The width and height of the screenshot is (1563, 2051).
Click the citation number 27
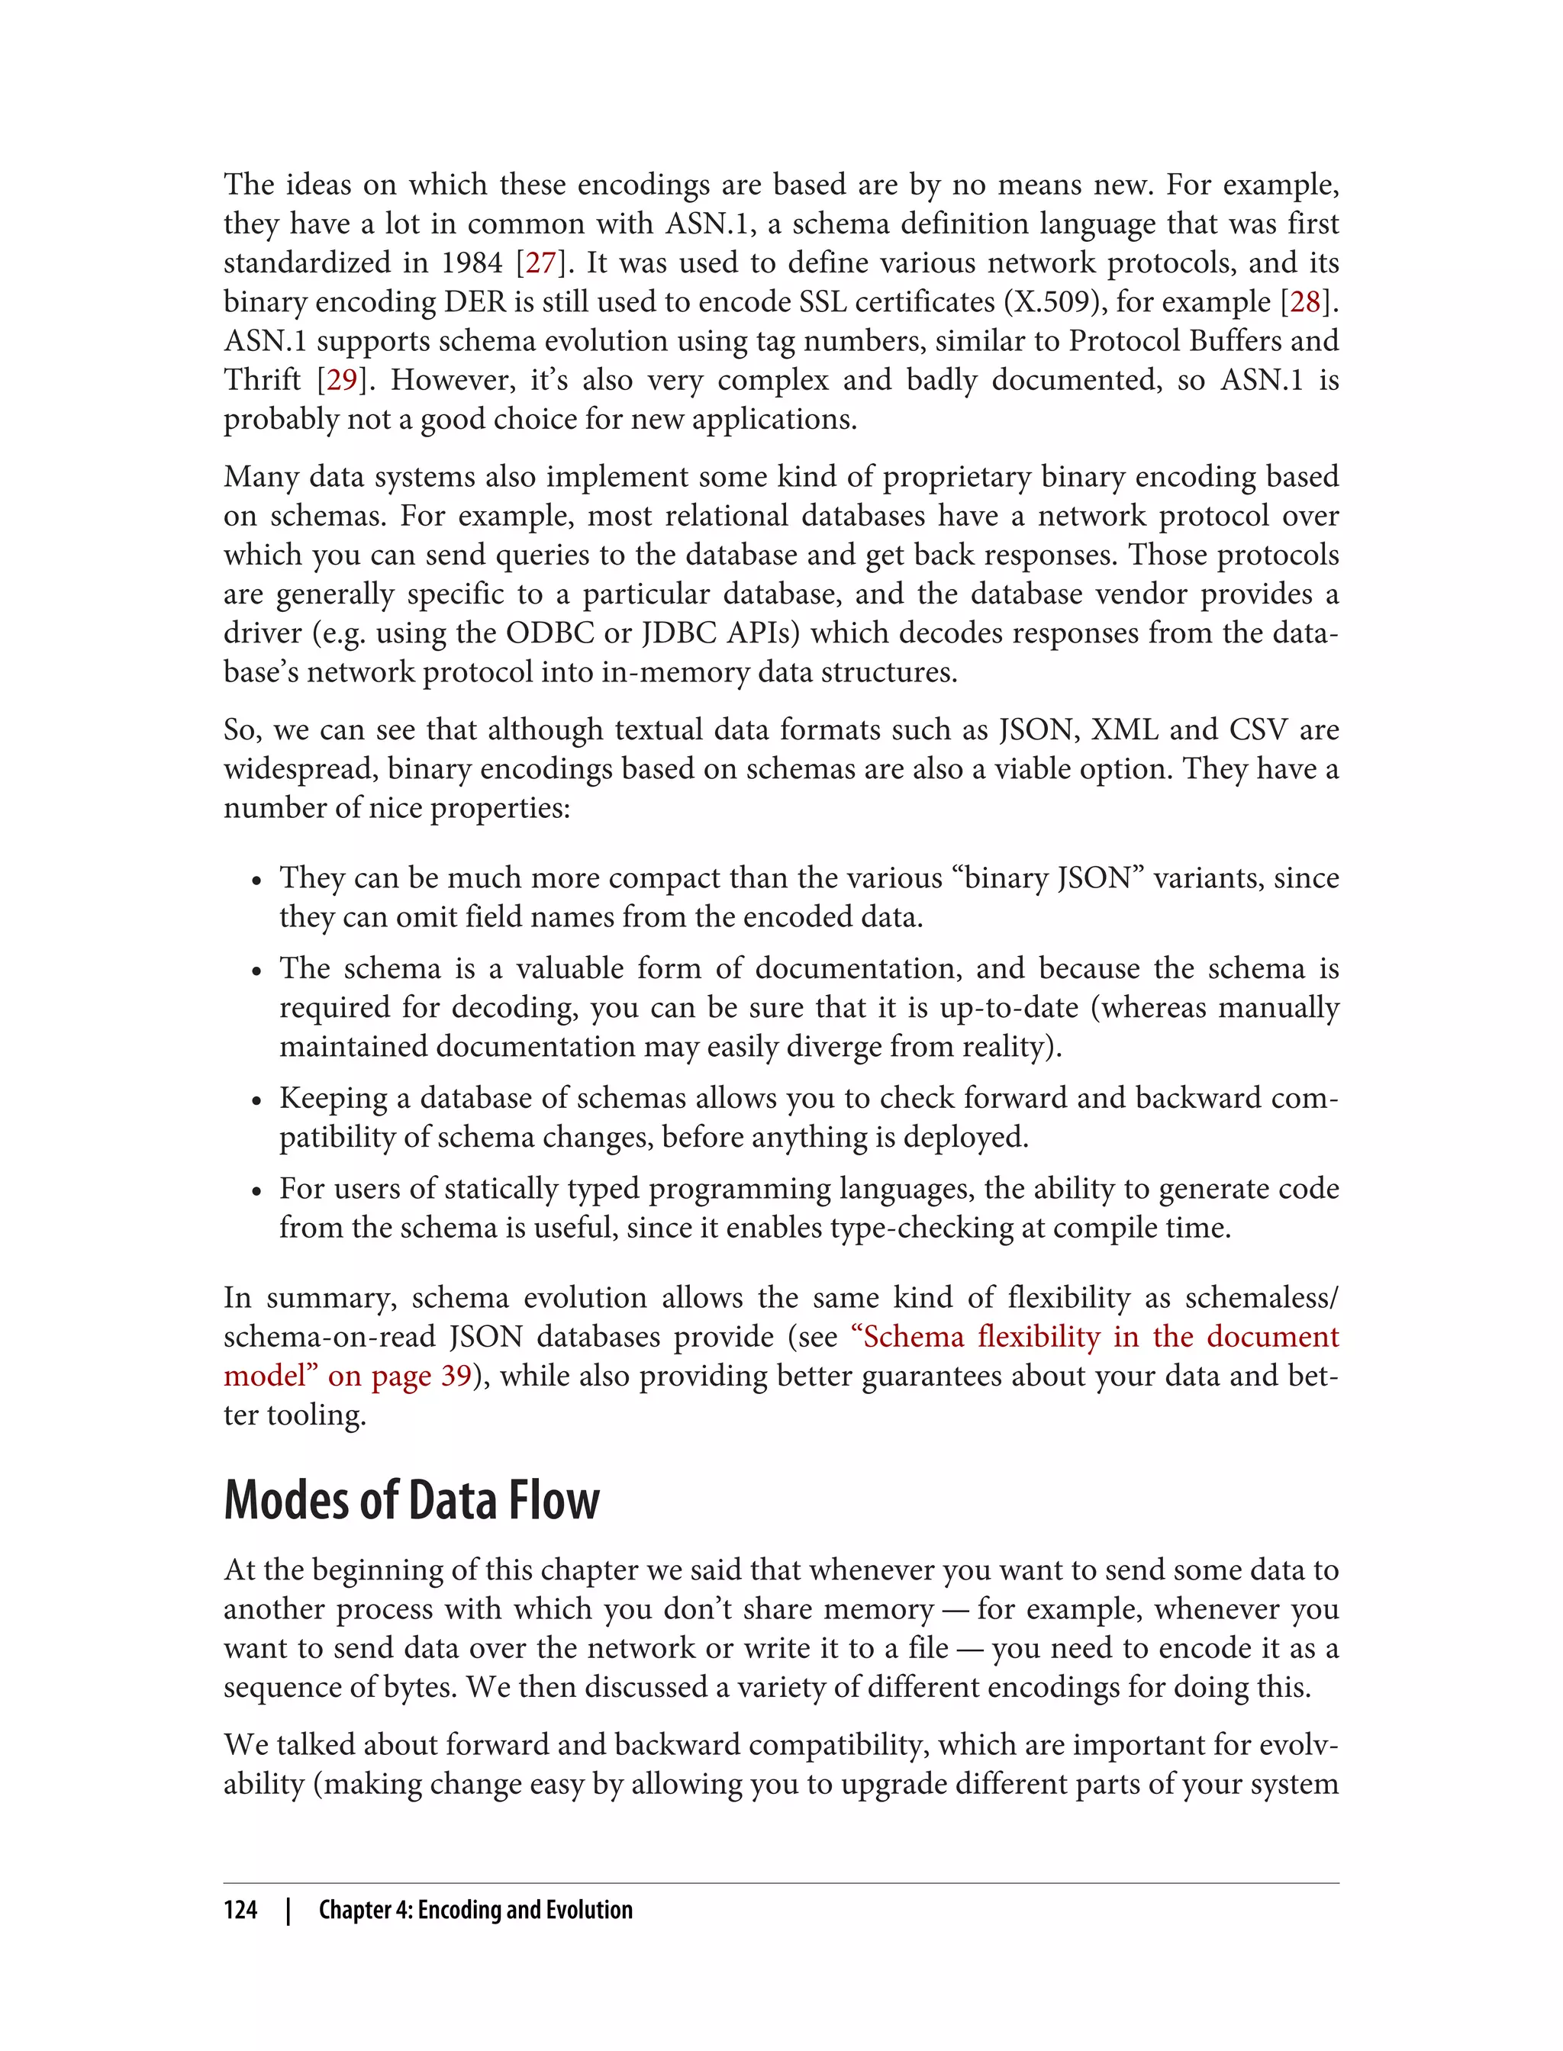pos(540,263)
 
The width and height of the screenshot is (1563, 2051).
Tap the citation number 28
pos(1305,302)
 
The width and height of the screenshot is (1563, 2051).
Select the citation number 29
pos(341,381)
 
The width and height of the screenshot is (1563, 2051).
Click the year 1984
pos(472,263)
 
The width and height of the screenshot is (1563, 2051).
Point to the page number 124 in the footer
pos(240,1910)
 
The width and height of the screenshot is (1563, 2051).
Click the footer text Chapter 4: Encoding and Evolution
pos(475,1910)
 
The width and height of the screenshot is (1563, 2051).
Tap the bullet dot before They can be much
pos(256,881)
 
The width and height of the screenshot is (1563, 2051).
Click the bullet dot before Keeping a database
pos(256,1101)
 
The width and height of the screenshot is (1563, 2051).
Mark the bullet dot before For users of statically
pos(256,1192)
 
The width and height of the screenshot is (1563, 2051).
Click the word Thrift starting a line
pos(263,381)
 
